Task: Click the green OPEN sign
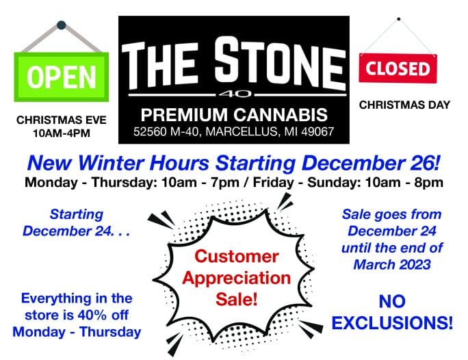click(x=61, y=77)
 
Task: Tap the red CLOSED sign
click(x=398, y=68)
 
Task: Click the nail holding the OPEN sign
click(x=61, y=25)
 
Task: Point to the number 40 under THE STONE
click(x=235, y=94)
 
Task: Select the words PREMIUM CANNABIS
click(x=234, y=114)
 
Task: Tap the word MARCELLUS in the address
click(x=241, y=131)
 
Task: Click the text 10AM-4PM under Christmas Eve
click(x=62, y=133)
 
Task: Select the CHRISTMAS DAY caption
click(x=404, y=105)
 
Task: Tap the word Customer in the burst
click(x=237, y=257)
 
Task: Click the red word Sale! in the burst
click(x=236, y=299)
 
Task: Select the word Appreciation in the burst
click(x=236, y=278)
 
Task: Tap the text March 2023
click(x=392, y=264)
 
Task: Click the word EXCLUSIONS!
click(x=392, y=322)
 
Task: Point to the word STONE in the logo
click(x=280, y=63)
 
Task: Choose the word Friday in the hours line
click(x=274, y=182)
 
